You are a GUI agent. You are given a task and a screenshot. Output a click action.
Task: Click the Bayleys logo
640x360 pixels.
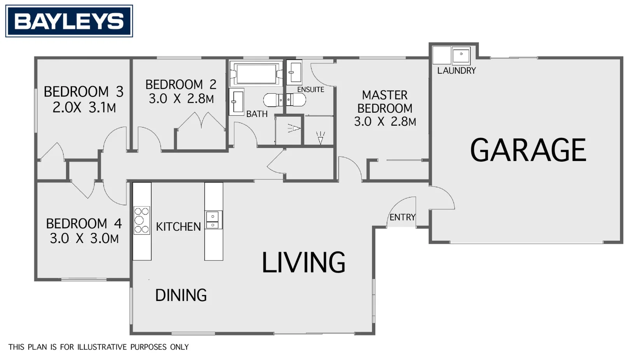[69, 21]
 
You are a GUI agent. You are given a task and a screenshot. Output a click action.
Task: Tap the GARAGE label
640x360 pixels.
[528, 150]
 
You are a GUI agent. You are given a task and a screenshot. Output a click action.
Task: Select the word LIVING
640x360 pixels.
[303, 262]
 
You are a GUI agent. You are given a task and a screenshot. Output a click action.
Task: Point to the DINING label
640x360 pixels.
[181, 295]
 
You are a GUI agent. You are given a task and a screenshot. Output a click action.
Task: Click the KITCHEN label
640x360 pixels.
[178, 227]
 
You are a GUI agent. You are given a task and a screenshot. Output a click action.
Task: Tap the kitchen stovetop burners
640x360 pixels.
[142, 220]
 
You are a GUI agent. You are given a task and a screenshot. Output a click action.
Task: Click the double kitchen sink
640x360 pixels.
[213, 220]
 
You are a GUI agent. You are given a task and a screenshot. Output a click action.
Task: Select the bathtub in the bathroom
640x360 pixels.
[256, 74]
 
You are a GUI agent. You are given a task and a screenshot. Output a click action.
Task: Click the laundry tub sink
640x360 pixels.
[461, 56]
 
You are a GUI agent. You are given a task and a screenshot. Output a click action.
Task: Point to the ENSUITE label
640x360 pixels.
[311, 89]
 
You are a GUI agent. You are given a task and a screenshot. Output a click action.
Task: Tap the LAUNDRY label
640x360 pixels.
[456, 70]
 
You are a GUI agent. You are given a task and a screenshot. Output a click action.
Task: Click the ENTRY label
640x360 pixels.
[402, 217]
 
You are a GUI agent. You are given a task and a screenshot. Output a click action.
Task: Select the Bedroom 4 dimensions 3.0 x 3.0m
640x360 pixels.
[84, 239]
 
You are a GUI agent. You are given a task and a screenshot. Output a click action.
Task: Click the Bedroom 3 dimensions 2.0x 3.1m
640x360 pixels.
[84, 108]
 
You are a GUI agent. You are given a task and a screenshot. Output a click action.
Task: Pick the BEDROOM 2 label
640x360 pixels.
[181, 84]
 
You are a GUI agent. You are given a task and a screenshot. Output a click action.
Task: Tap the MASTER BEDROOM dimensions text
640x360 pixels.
[385, 121]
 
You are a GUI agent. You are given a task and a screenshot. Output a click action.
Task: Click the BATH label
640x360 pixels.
[257, 114]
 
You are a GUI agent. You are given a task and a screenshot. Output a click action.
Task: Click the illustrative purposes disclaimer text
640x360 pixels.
[99, 347]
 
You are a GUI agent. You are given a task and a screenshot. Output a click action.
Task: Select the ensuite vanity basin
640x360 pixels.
[294, 72]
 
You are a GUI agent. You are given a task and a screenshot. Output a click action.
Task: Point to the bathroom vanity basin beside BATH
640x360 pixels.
[236, 102]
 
